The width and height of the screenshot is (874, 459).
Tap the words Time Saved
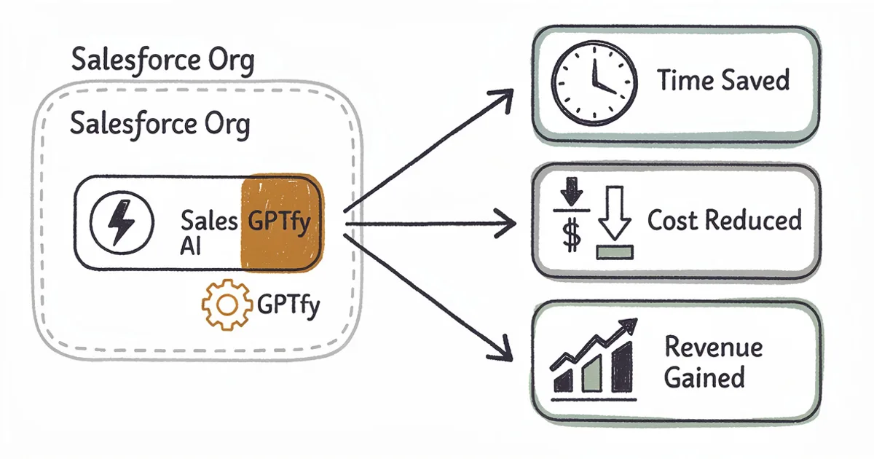point(723,80)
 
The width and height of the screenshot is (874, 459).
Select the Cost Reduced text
point(724,220)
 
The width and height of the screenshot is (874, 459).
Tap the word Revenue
point(713,347)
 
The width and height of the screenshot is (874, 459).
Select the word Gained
point(704,377)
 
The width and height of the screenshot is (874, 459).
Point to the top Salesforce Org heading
point(162,60)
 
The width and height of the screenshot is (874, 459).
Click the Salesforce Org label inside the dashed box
point(160,125)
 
